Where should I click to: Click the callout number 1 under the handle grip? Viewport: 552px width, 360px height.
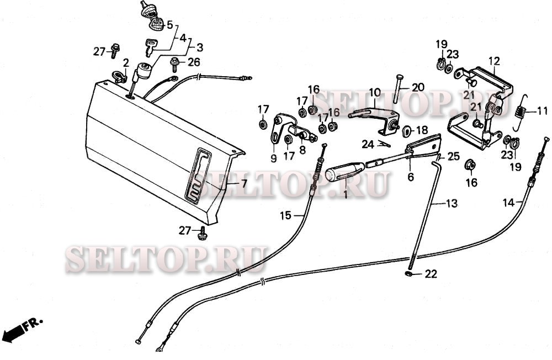(x=345, y=194)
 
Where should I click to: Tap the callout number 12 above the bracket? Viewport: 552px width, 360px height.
(x=493, y=61)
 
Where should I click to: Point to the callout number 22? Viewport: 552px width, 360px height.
(x=431, y=274)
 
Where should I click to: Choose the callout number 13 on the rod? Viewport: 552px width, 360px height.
(x=452, y=204)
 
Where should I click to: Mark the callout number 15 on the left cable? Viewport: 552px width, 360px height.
(x=285, y=215)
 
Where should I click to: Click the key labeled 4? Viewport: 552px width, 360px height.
(x=151, y=46)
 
